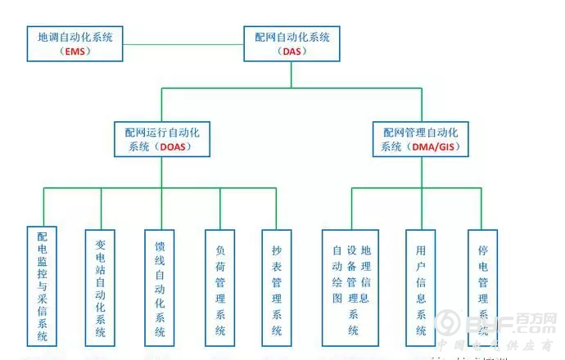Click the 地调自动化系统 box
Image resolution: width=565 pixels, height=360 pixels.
point(75,43)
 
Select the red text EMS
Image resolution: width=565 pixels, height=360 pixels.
point(75,52)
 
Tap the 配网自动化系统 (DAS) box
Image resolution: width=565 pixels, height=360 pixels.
point(292,43)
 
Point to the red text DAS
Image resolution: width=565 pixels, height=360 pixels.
point(292,52)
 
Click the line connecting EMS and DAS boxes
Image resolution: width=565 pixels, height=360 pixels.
point(183,43)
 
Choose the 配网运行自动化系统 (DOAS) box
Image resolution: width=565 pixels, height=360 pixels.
point(161,138)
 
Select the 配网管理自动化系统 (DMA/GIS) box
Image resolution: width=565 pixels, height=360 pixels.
point(423,138)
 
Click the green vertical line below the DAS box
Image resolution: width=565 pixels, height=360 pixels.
point(292,75)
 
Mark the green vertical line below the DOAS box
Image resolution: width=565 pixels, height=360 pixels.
point(161,173)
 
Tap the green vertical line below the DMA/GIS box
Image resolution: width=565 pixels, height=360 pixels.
point(423,173)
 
